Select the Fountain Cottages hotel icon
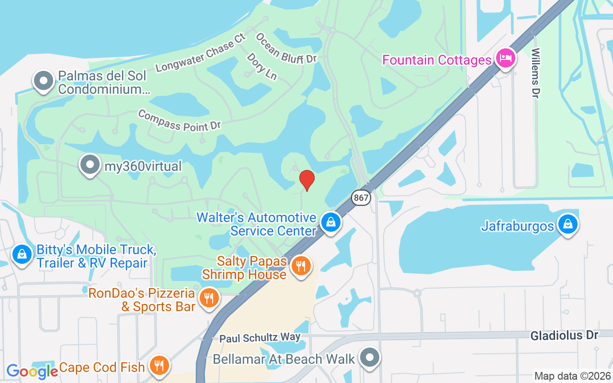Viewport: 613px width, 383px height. pos(505,59)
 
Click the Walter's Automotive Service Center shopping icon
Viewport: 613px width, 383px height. pos(330,222)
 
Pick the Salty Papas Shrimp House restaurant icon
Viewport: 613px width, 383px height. pos(301,266)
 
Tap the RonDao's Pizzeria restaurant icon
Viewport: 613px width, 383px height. pos(208,298)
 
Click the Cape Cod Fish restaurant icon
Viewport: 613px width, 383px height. pos(159,366)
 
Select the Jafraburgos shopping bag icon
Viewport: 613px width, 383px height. pos(568,224)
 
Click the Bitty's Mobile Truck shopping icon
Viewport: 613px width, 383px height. pos(22,254)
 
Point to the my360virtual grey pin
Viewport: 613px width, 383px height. pos(90,165)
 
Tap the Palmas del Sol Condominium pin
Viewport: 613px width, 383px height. pos(44,81)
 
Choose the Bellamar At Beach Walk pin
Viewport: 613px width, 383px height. pos(369,357)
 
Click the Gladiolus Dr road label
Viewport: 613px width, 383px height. pos(564,336)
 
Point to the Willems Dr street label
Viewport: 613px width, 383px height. pos(535,73)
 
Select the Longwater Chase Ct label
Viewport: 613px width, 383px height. pos(200,53)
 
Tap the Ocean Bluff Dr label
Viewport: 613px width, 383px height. pos(286,48)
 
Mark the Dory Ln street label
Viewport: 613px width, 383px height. pos(262,66)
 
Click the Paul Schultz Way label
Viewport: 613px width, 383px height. pos(260,338)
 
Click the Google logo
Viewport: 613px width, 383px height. pos(32,371)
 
